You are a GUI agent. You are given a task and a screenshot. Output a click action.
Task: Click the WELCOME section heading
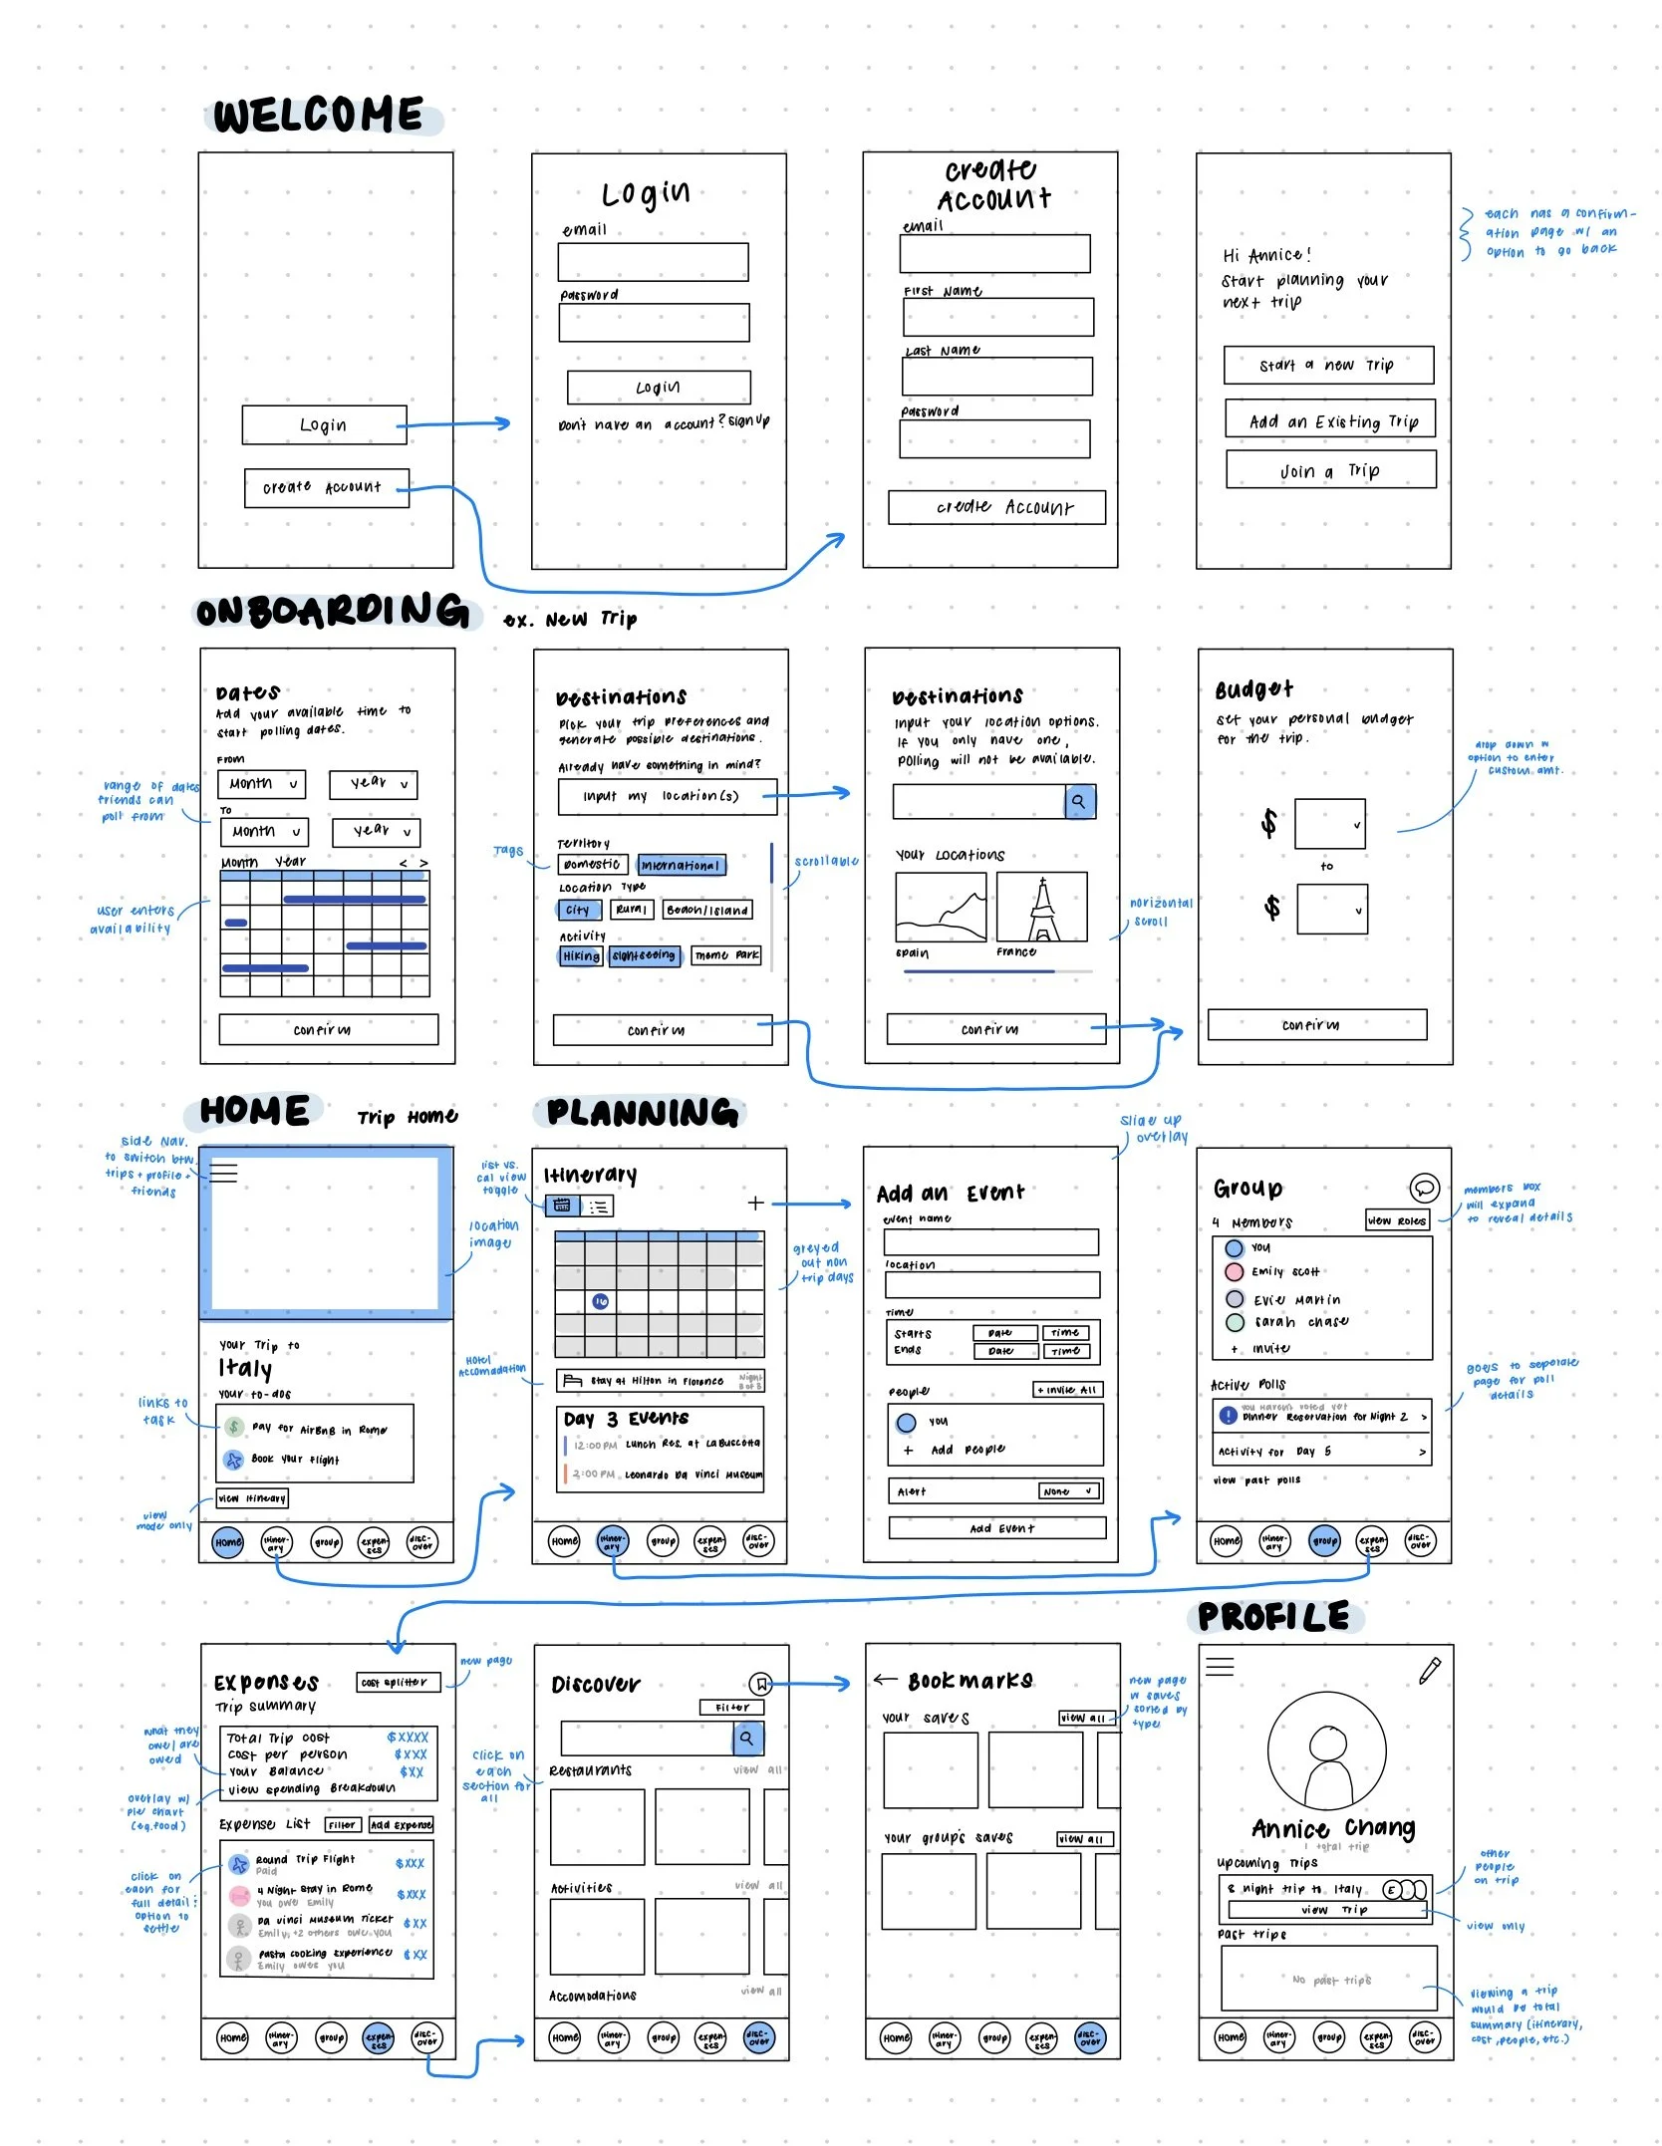pyautogui.click(x=319, y=116)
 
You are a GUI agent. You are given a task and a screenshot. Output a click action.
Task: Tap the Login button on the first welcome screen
pyautogui.click(x=324, y=424)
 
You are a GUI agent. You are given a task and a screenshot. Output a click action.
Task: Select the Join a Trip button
pyautogui.click(x=1330, y=470)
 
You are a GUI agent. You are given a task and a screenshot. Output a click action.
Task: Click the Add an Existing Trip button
pyautogui.click(x=1330, y=420)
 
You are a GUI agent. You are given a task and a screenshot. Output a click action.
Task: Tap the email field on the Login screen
pyautogui.click(x=653, y=262)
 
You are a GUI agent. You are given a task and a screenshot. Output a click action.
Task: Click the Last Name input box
pyautogui.click(x=996, y=377)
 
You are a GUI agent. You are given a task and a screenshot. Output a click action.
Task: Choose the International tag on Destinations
pyautogui.click(x=682, y=866)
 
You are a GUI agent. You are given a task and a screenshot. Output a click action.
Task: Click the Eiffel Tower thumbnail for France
pyautogui.click(x=1041, y=908)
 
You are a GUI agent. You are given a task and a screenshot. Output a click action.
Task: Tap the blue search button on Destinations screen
pyautogui.click(x=1080, y=801)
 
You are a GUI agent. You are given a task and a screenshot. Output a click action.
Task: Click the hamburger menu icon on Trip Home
pyautogui.click(x=224, y=1173)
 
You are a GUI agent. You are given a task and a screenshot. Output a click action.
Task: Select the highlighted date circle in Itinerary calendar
pyautogui.click(x=601, y=1301)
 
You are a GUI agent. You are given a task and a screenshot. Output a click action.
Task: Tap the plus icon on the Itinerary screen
pyautogui.click(x=755, y=1204)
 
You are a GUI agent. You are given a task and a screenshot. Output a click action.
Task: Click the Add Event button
pyautogui.click(x=996, y=1528)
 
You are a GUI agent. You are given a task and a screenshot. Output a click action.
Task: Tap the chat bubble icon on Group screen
pyautogui.click(x=1425, y=1188)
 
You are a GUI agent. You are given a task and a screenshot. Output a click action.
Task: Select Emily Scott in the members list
pyautogui.click(x=1285, y=1272)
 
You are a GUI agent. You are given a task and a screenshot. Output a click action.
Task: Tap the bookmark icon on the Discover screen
pyautogui.click(x=761, y=1684)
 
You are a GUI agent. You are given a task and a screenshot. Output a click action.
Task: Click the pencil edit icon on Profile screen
pyautogui.click(x=1430, y=1671)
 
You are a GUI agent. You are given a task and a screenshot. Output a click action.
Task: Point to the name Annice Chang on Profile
pyautogui.click(x=1332, y=1828)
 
